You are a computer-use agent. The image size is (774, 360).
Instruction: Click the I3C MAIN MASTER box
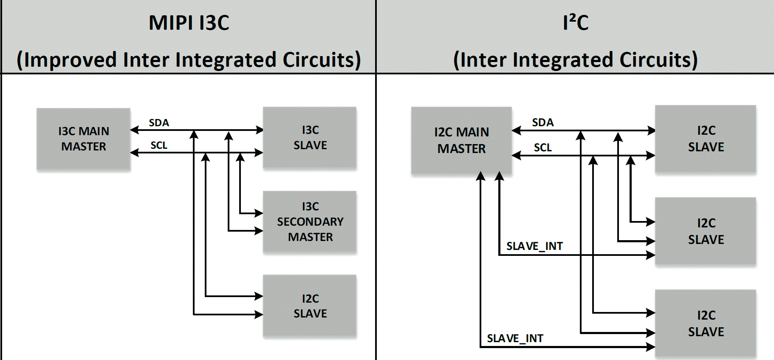click(83, 139)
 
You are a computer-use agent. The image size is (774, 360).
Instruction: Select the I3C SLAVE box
click(310, 138)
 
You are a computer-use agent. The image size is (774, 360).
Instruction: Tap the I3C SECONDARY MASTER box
click(310, 221)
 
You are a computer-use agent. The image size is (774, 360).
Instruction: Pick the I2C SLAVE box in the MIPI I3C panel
click(310, 306)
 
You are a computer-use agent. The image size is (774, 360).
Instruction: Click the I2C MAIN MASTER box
click(461, 140)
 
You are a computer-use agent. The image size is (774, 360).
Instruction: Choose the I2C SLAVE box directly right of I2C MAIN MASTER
click(706, 139)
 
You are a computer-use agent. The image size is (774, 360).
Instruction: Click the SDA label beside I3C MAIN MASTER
click(159, 123)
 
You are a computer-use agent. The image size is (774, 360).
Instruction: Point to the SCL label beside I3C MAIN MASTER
click(159, 145)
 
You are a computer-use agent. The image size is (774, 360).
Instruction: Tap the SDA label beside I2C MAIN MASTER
click(543, 122)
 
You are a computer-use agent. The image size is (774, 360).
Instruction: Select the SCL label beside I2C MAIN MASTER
click(543, 147)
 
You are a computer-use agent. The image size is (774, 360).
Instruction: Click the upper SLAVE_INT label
click(534, 246)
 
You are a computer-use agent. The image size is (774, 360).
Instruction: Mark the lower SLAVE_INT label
click(515, 338)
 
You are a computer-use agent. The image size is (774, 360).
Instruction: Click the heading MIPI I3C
click(189, 23)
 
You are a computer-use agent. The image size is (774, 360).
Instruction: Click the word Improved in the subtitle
click(71, 60)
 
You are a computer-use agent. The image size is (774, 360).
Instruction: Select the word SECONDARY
click(310, 221)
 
